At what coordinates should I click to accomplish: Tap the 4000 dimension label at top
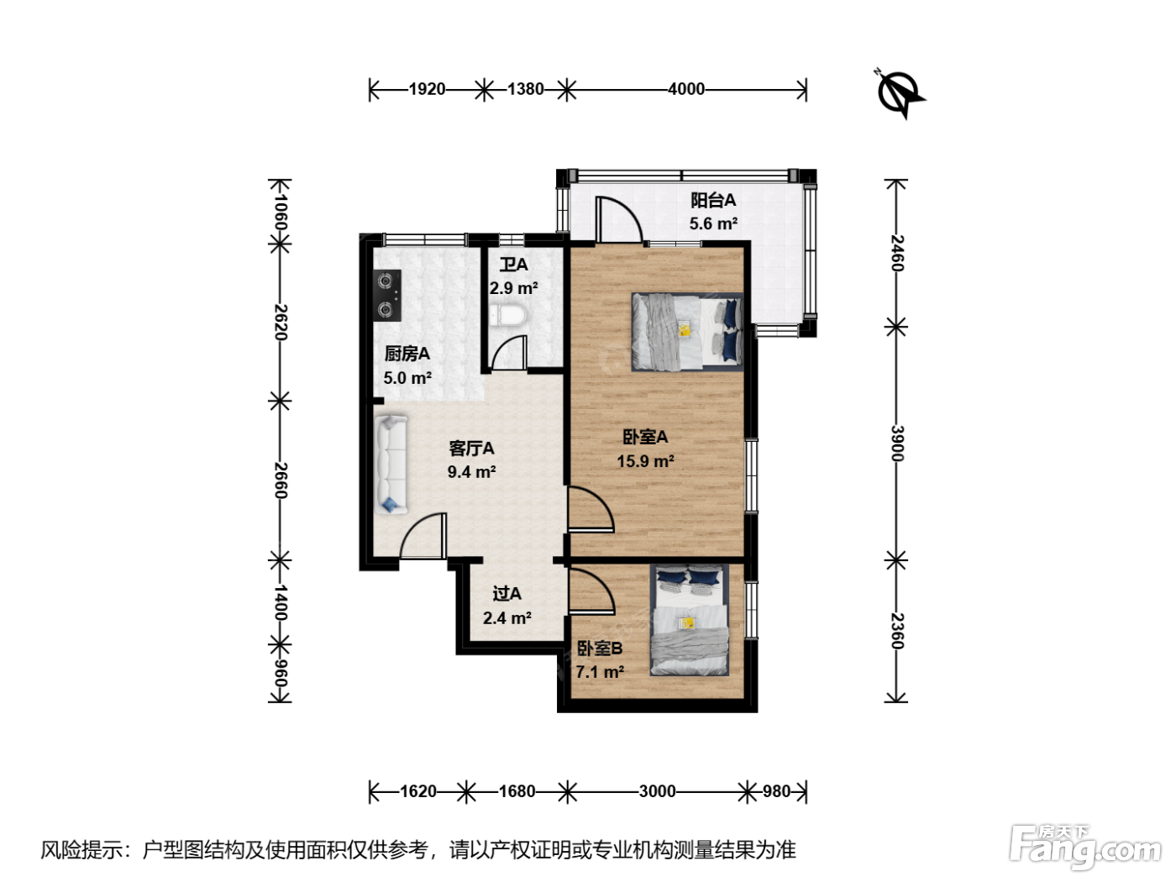pyautogui.click(x=686, y=89)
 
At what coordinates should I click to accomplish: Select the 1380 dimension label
pyautogui.click(x=526, y=89)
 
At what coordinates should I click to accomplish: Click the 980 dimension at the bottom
pyautogui.click(x=776, y=791)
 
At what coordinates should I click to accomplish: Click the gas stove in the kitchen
pyautogui.click(x=387, y=295)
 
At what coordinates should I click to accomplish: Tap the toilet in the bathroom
pyautogui.click(x=507, y=316)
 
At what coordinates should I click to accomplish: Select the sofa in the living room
pyautogui.click(x=391, y=465)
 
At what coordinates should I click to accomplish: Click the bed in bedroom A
pyautogui.click(x=687, y=332)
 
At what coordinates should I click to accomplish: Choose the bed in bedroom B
pyautogui.click(x=690, y=620)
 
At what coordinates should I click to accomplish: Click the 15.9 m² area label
pyautogui.click(x=645, y=461)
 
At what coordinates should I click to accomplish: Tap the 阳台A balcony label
pyautogui.click(x=712, y=200)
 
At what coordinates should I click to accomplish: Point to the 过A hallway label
pyautogui.click(x=507, y=593)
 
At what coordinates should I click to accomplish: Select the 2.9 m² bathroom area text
pyautogui.click(x=513, y=288)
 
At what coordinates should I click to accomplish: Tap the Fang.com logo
pyautogui.click(x=1084, y=848)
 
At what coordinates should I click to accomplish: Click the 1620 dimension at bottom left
pyautogui.click(x=418, y=791)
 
